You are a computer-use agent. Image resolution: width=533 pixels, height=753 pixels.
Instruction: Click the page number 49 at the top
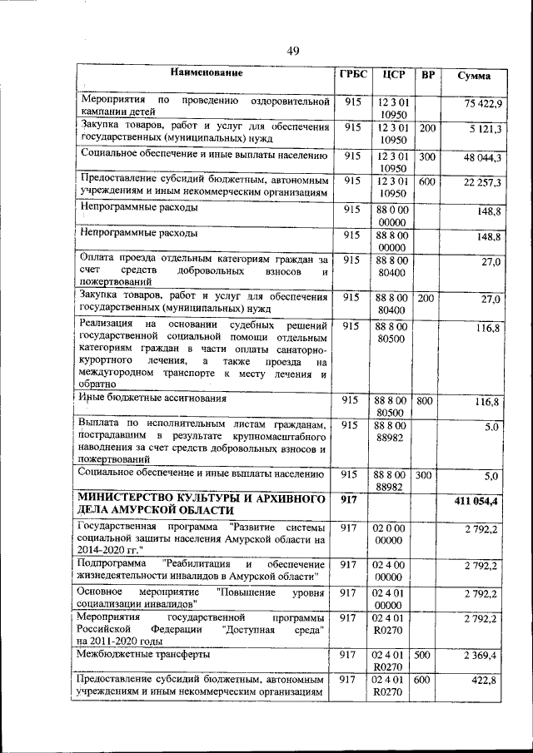tap(293, 52)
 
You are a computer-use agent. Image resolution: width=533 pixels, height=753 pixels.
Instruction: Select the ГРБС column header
tap(352, 73)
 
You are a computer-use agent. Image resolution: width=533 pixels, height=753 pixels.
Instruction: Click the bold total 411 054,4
tap(476, 502)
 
